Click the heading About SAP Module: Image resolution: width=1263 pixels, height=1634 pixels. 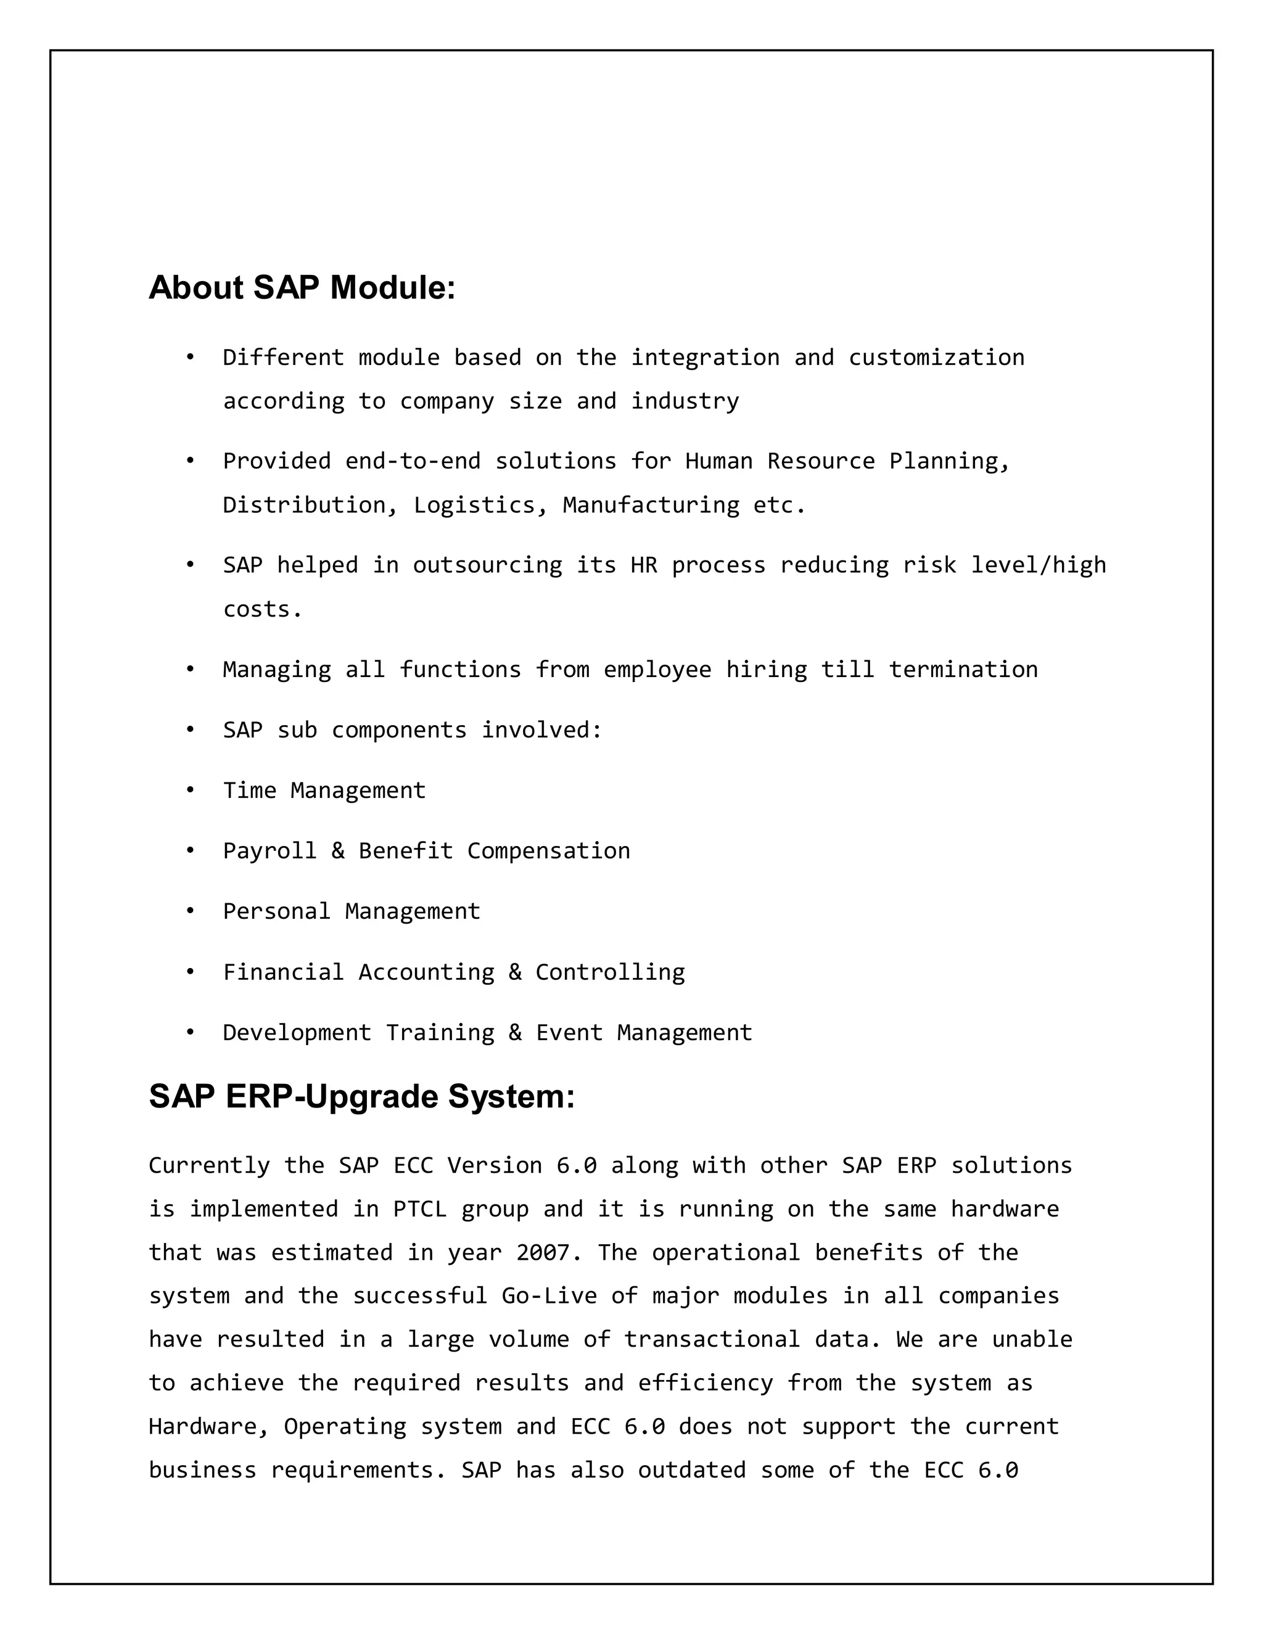(302, 288)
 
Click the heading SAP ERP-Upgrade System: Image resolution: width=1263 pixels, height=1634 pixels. (361, 1097)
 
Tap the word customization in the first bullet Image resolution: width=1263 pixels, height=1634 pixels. (936, 358)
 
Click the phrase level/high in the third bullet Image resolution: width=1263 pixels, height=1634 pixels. (1038, 565)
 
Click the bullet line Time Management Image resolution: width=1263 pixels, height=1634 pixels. (324, 790)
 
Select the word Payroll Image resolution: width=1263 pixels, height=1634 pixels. (269, 851)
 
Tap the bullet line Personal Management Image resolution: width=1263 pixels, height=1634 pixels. (351, 911)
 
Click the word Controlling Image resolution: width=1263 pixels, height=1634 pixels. (610, 972)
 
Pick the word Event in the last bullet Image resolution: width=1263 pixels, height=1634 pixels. (569, 1032)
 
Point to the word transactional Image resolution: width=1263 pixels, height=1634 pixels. (712, 1339)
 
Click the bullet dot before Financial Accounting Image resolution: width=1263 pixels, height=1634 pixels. (190, 972)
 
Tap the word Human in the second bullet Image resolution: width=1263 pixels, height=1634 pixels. (718, 461)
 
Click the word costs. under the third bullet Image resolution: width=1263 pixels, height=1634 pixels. (263, 610)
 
